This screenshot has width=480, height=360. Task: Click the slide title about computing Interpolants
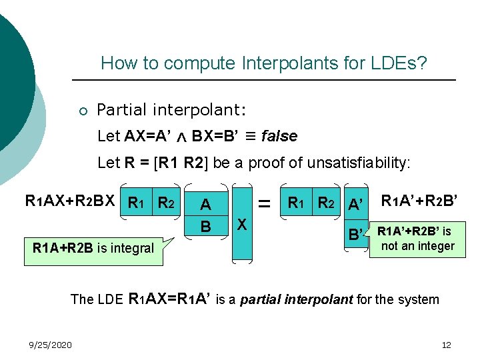[x=263, y=64]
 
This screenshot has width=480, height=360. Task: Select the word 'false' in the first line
[x=279, y=137]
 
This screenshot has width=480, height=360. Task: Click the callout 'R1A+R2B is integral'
[x=93, y=249]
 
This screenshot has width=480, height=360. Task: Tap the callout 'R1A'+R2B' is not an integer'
[x=417, y=239]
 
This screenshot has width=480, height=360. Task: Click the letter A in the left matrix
[x=206, y=205]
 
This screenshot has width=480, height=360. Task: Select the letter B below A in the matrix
[x=206, y=227]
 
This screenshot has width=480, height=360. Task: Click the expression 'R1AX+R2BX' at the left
[x=70, y=200]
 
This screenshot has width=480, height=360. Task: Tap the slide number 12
[x=447, y=345]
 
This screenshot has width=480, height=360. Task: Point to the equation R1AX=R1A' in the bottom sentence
[x=169, y=299]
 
